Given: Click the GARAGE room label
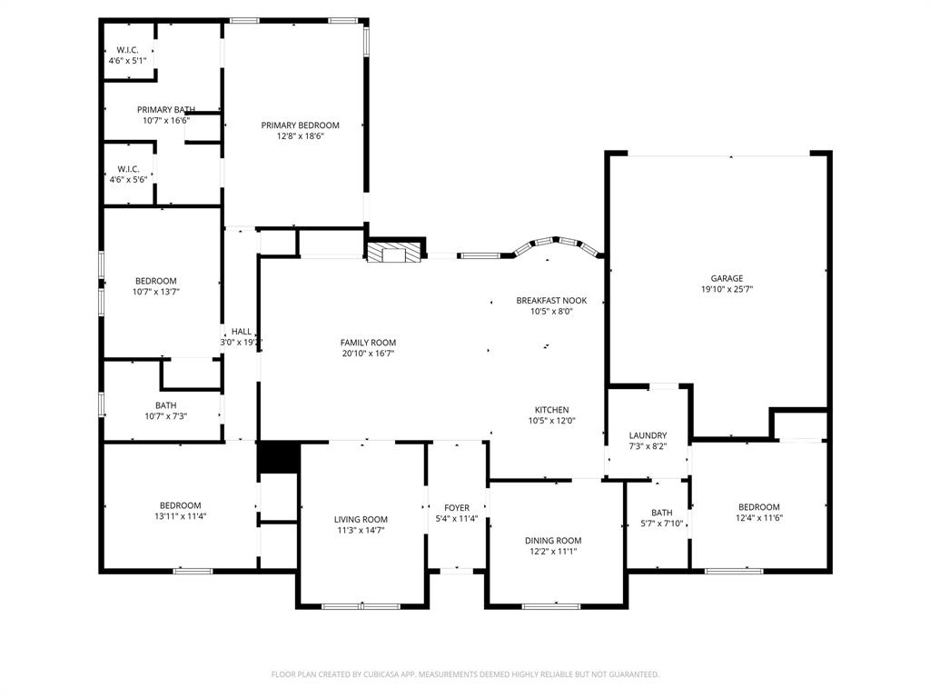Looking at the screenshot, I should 727,278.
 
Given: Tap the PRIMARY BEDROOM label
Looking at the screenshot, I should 300,125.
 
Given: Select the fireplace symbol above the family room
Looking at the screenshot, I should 395,252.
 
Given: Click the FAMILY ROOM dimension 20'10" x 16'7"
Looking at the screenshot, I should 368,354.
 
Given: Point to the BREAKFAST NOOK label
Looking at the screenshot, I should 551,300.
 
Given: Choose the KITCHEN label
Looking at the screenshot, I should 551,410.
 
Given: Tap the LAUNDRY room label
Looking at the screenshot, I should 648,435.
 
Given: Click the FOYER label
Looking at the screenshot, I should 457,508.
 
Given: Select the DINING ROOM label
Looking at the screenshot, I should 553,541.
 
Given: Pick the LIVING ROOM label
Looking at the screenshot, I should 361,520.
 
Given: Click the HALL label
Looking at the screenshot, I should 241,332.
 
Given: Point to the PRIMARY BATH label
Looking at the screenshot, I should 166,109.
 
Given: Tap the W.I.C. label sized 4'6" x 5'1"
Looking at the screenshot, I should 127,50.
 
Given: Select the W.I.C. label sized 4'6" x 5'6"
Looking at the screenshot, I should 127,169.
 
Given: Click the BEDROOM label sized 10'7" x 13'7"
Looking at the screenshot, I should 155,281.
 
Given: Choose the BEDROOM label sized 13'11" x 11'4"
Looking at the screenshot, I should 180,505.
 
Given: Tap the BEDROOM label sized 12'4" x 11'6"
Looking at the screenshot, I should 758,507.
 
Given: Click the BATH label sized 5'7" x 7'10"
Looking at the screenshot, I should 661,513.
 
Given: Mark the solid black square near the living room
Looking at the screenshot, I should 278,457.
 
